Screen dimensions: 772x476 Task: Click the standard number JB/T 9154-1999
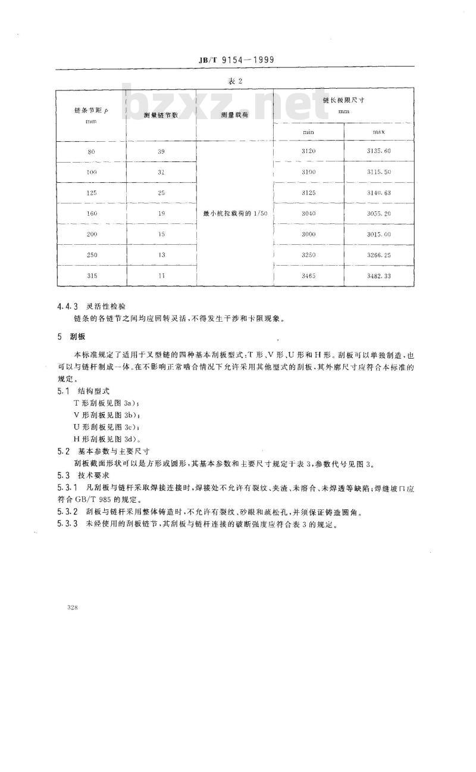click(x=236, y=60)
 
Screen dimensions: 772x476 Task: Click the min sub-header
click(x=308, y=131)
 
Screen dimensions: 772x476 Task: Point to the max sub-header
click(x=379, y=131)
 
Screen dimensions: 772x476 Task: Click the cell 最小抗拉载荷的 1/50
click(x=234, y=213)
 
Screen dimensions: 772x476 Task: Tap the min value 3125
click(x=308, y=192)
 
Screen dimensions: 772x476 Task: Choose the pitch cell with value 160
click(x=91, y=213)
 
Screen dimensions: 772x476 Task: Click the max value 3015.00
click(x=379, y=234)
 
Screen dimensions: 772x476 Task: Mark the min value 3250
click(x=308, y=255)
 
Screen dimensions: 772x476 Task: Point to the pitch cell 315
click(x=91, y=276)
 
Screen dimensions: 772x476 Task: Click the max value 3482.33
click(x=379, y=276)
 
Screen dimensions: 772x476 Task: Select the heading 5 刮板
click(x=71, y=337)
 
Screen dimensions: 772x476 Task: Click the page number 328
click(x=74, y=607)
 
